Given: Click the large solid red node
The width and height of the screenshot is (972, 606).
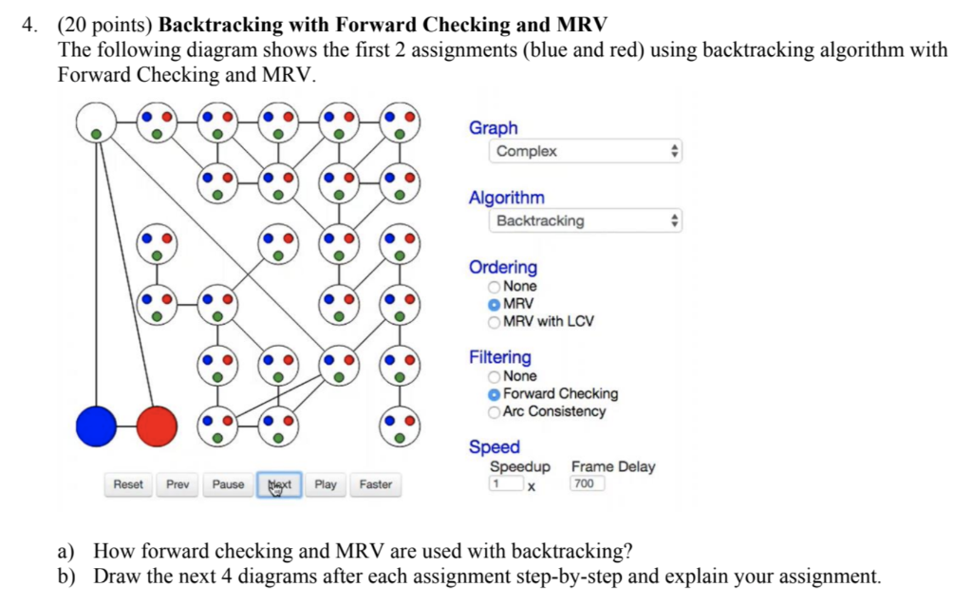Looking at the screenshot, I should [x=156, y=426].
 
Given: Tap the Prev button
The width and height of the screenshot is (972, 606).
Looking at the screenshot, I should [x=178, y=484].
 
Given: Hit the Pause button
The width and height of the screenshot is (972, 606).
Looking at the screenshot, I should [x=228, y=484].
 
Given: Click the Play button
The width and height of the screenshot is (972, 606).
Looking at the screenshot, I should [x=326, y=484].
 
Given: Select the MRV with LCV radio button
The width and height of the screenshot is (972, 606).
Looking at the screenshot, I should [x=494, y=321].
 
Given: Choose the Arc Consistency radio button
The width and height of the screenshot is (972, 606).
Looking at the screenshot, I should [x=494, y=411].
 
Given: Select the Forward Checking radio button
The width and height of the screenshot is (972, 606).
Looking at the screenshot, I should [x=494, y=393].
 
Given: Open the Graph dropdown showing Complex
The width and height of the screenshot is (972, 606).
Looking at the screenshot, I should [x=587, y=151].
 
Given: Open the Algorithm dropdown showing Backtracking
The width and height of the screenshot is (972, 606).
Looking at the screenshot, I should [x=587, y=220].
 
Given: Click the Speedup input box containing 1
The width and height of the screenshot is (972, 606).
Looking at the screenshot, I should [x=506, y=483].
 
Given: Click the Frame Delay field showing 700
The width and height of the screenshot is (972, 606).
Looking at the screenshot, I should [x=587, y=483].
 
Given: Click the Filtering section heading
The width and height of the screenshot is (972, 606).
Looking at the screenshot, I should [x=500, y=357].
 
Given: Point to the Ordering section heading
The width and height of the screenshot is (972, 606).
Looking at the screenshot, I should [x=503, y=268].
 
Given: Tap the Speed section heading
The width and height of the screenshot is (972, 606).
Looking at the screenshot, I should [x=495, y=446].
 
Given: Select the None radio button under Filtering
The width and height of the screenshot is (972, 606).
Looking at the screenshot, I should [x=494, y=376].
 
